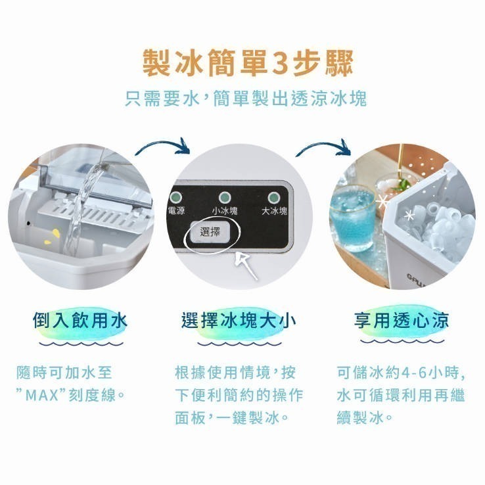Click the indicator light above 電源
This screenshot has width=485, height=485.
pyautogui.click(x=175, y=197)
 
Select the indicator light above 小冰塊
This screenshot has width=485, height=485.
pyautogui.click(x=224, y=197)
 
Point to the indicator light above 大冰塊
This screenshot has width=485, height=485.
pyautogui.click(x=273, y=197)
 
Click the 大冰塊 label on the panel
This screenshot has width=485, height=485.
pyautogui.click(x=274, y=212)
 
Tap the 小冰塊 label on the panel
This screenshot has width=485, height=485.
pyautogui.click(x=225, y=212)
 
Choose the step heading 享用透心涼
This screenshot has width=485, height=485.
pyautogui.click(x=402, y=321)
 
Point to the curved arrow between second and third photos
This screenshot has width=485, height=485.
pyautogui.click(x=322, y=149)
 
